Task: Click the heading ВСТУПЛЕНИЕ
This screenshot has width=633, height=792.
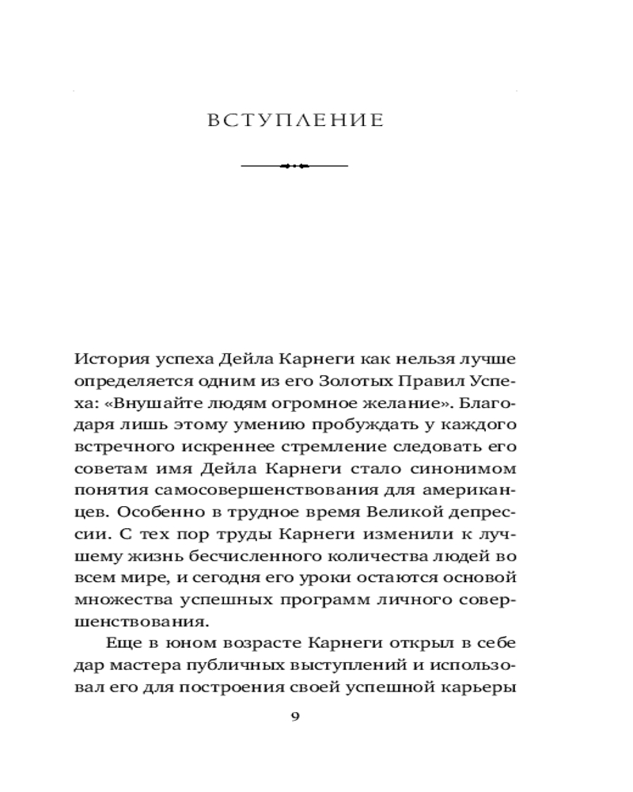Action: click(x=294, y=121)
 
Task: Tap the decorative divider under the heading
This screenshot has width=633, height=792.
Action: click(x=294, y=166)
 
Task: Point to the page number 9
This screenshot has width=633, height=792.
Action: click(x=295, y=717)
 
